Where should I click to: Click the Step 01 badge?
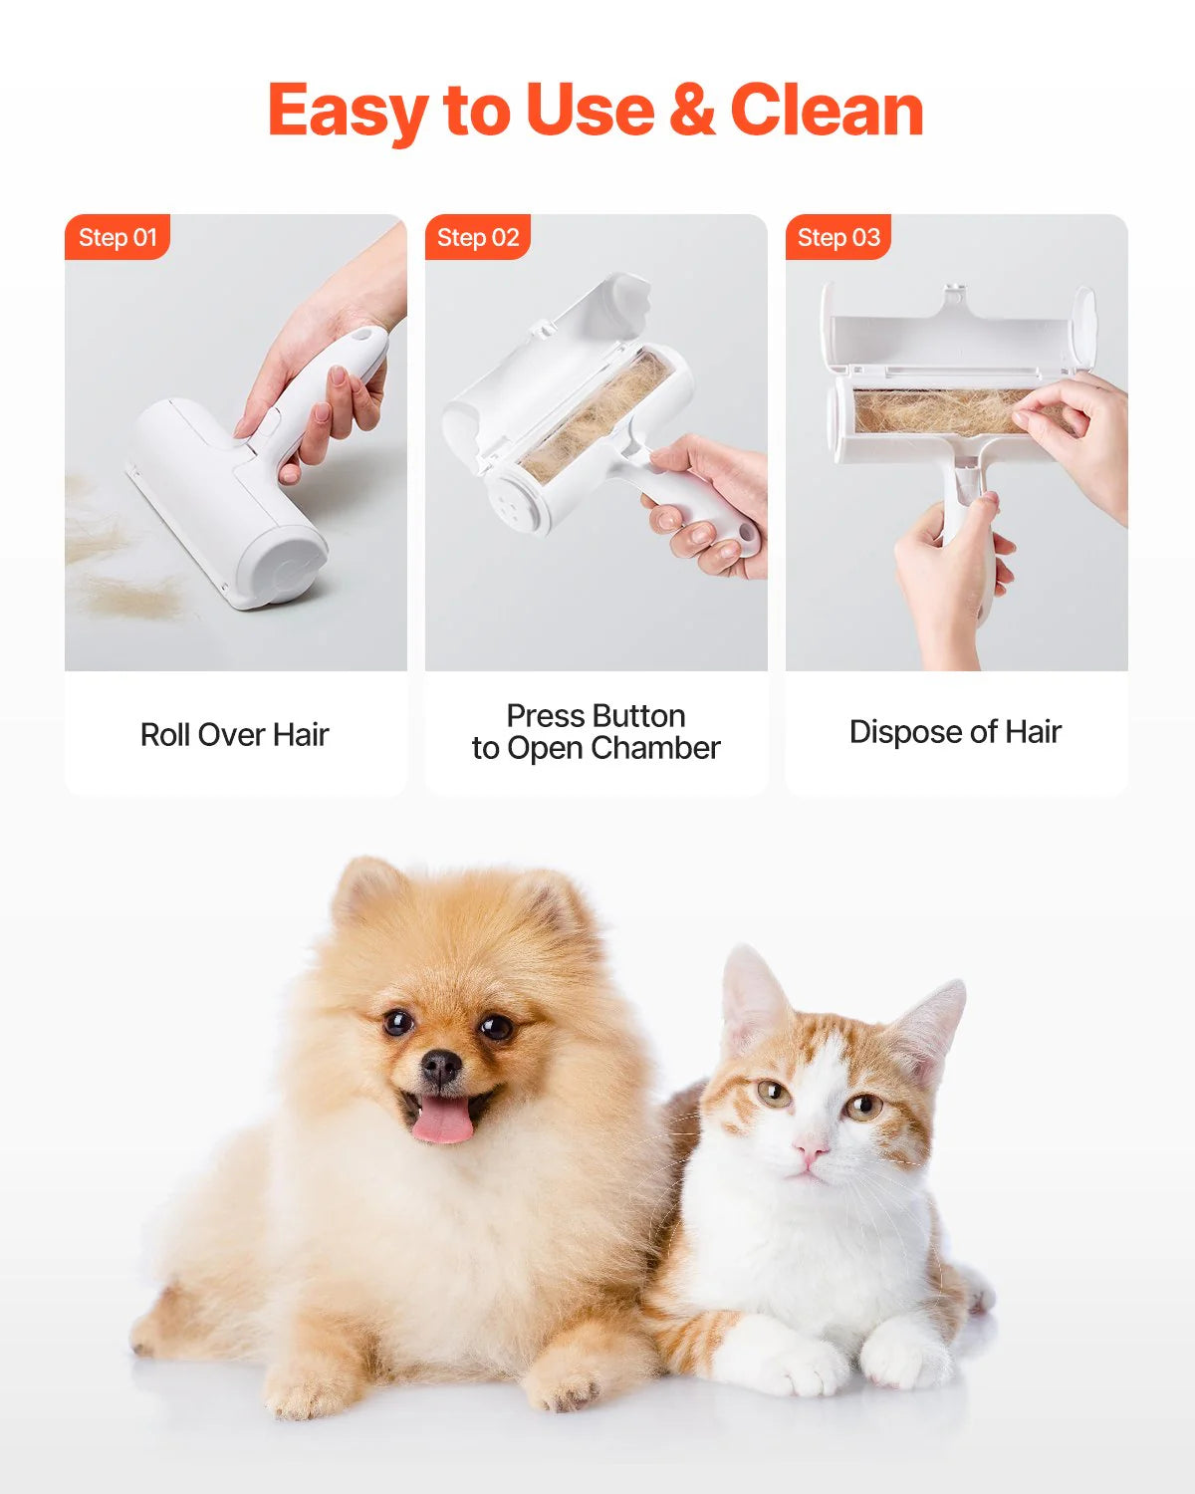click(x=118, y=237)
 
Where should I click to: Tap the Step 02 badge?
click(x=478, y=237)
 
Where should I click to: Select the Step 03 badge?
click(x=838, y=237)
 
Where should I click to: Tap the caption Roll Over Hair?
click(x=235, y=735)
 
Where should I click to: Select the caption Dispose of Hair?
click(x=955, y=732)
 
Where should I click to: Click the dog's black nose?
click(x=440, y=1068)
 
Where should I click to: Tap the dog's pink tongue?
click(x=443, y=1121)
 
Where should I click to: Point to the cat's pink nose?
click(x=811, y=1152)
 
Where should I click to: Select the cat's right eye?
click(x=862, y=1105)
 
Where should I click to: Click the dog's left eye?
click(x=398, y=1022)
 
